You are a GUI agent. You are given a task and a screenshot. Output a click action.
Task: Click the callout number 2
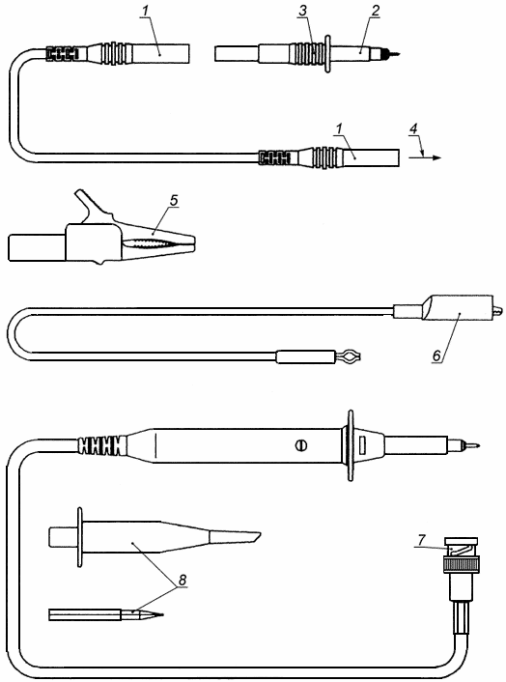point(375,12)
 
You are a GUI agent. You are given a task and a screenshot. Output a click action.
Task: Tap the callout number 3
point(303,12)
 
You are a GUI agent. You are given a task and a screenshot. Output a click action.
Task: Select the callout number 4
point(413,129)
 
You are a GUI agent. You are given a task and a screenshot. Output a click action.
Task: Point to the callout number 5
point(174,201)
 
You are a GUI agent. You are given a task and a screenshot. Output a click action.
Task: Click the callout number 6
point(436,355)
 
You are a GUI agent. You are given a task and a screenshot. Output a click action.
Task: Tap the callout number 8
point(183,580)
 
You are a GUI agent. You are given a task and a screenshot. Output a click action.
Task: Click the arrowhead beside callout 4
point(436,157)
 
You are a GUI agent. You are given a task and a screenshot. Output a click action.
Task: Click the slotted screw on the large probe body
point(301,445)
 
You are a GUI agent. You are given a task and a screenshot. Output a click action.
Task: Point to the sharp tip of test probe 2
point(399,54)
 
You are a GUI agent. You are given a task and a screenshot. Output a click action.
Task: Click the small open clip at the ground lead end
point(349,357)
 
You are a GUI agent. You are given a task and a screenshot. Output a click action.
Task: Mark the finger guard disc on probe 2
point(327,54)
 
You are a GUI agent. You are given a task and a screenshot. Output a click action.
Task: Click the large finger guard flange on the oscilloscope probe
point(351,445)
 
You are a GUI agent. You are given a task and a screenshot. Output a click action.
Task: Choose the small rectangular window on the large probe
point(362,443)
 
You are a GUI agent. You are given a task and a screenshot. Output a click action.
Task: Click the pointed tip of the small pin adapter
point(162,614)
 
